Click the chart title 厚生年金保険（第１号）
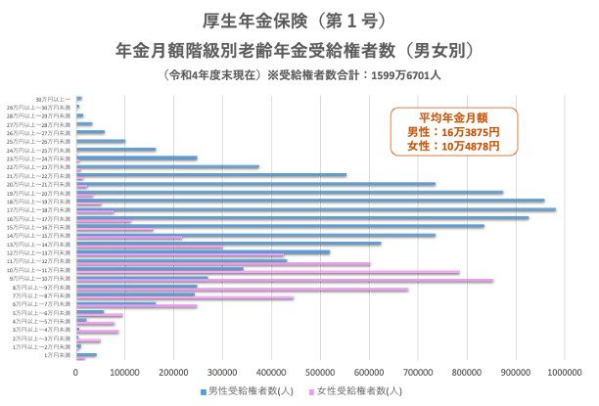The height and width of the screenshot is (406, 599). (299, 19)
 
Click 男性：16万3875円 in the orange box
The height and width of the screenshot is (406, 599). (452, 131)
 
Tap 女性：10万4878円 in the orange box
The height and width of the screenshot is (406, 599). (452, 146)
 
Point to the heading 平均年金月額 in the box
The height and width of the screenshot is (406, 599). (452, 116)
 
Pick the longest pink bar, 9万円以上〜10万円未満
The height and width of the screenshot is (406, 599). (284, 281)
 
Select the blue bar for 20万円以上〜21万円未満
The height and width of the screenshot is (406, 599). (255, 183)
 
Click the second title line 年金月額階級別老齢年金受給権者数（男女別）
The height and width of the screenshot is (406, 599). (299, 47)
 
